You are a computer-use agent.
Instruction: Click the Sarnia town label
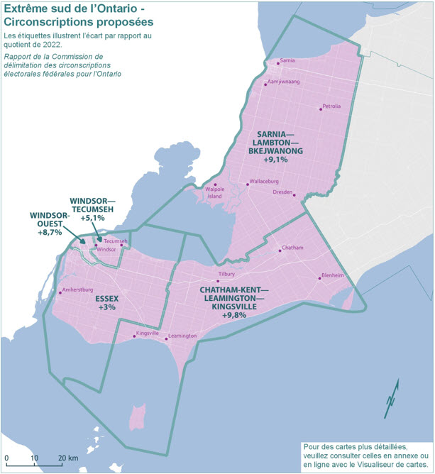pyautogui.click(x=287, y=61)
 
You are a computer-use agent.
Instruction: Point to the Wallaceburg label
pyautogui.click(x=265, y=182)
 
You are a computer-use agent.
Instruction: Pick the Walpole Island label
pyautogui.click(x=214, y=193)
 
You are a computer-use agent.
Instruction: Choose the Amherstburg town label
pyautogui.click(x=78, y=290)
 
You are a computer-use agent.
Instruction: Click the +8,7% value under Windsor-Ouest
pyautogui.click(x=50, y=232)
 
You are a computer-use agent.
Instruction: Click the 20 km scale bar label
pyautogui.click(x=67, y=458)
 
